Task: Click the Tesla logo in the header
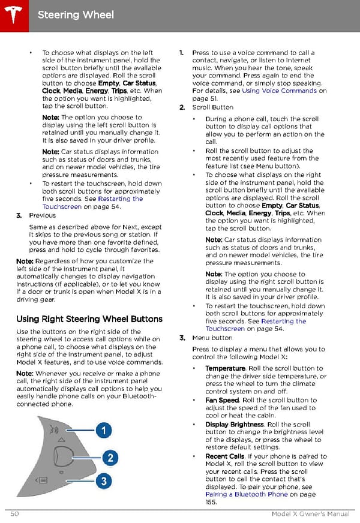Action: pyautogui.click(x=13, y=13)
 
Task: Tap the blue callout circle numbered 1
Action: pyautogui.click(x=104, y=430)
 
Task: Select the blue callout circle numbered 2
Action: pyautogui.click(x=110, y=458)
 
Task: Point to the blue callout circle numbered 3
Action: pyautogui.click(x=104, y=480)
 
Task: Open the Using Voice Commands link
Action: pyautogui.click(x=279, y=91)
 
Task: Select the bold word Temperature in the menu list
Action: pyautogui.click(x=225, y=368)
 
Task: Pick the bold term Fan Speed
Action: pyautogui.click(x=222, y=400)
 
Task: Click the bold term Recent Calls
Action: pyautogui.click(x=225, y=456)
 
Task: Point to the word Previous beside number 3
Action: pyautogui.click(x=42, y=215)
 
